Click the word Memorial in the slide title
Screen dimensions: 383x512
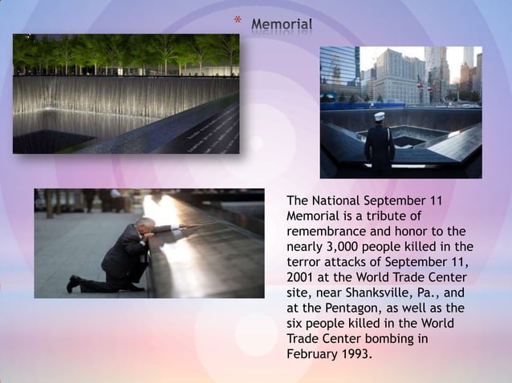click(282, 25)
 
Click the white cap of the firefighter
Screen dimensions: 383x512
click(380, 116)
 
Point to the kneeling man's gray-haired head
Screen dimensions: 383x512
click(145, 224)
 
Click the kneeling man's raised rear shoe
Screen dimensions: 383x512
click(74, 283)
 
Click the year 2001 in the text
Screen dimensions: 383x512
click(301, 277)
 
